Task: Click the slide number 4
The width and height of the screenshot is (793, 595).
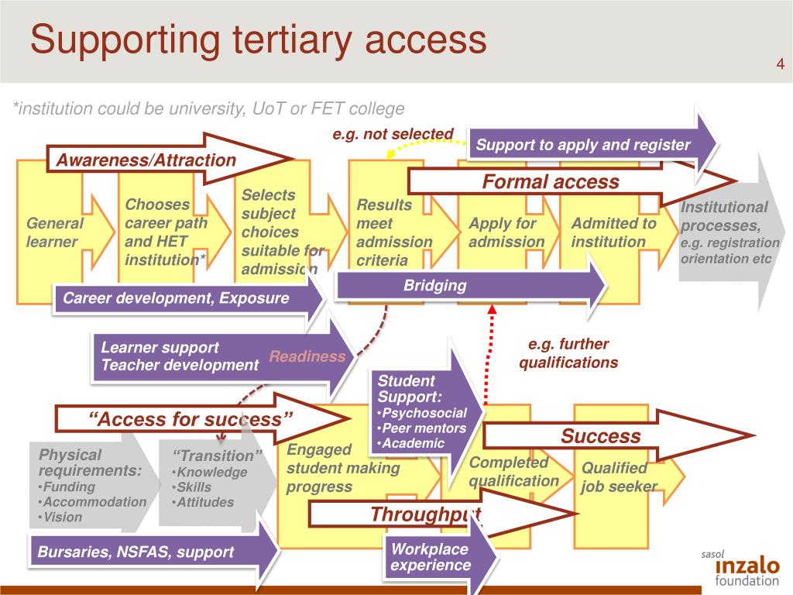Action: [780, 64]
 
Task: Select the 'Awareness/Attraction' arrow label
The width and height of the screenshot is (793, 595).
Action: [146, 160]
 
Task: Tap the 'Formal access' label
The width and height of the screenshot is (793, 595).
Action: [551, 182]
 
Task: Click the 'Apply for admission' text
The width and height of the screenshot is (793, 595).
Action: [506, 232]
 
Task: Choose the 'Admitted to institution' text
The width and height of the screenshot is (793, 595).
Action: [613, 232]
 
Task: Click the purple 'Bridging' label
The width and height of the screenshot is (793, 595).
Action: [435, 286]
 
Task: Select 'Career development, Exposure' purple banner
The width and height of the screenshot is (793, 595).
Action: [176, 298]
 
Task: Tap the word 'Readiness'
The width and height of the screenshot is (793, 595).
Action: [307, 356]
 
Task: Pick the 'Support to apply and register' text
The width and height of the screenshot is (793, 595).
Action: [582, 145]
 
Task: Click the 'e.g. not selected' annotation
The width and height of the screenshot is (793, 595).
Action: [393, 134]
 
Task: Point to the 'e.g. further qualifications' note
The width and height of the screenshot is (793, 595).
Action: [568, 353]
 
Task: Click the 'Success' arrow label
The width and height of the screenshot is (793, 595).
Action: [601, 436]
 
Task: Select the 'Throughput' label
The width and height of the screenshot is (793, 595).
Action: [425, 514]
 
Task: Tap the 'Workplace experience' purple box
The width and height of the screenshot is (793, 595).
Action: [431, 557]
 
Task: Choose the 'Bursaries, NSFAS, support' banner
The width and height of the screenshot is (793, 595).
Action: [136, 552]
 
